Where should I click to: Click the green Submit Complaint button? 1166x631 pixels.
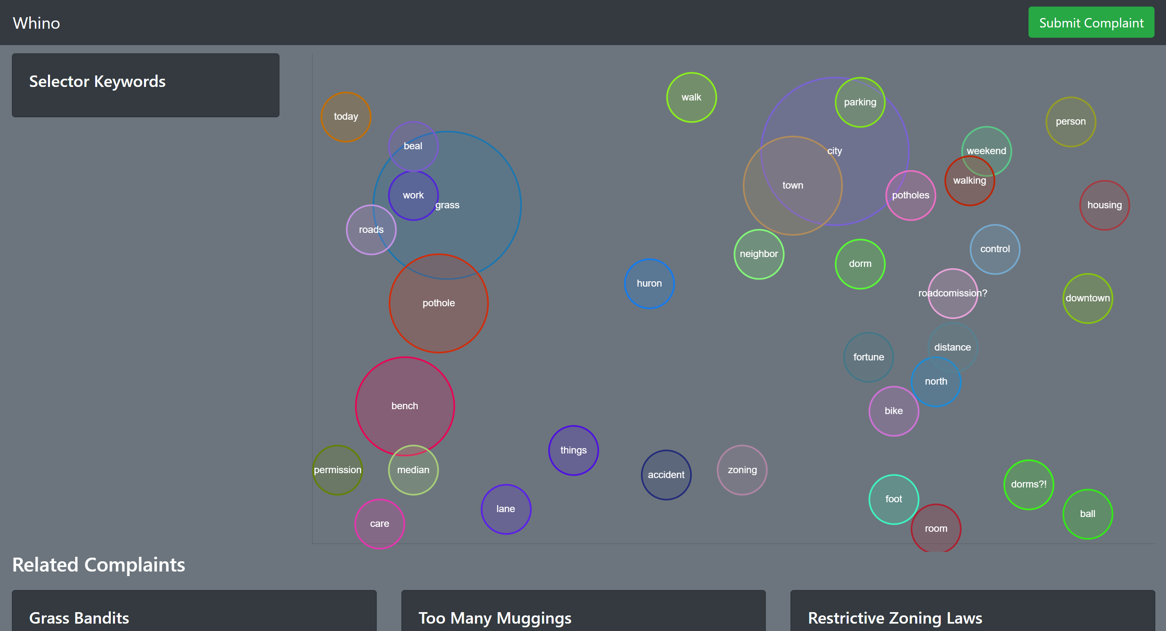coord(1091,23)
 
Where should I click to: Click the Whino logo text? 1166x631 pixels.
coord(36,23)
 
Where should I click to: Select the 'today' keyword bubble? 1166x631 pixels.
coord(346,117)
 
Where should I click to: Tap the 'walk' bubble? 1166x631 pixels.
coord(691,97)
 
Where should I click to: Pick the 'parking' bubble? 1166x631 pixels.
coord(859,102)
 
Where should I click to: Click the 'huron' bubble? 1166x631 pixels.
coord(649,284)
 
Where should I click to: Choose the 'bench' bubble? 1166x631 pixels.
coord(405,406)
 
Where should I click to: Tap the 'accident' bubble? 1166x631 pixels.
coord(666,474)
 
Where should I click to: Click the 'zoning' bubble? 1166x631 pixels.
coord(742,470)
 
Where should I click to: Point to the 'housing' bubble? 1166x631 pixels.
coord(1104,205)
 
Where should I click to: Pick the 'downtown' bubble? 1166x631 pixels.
coord(1087,298)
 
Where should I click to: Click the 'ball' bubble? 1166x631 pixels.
coord(1087,514)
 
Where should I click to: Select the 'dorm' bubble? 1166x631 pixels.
coord(859,264)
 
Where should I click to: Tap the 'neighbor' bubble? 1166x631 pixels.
coord(758,254)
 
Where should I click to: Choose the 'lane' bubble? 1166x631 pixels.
coord(506,509)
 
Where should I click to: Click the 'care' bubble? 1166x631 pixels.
coord(379,524)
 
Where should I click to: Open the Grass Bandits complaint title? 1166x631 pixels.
coord(79,618)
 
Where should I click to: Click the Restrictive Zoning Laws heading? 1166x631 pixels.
coord(895,618)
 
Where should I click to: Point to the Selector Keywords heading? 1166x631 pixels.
coord(97,82)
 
